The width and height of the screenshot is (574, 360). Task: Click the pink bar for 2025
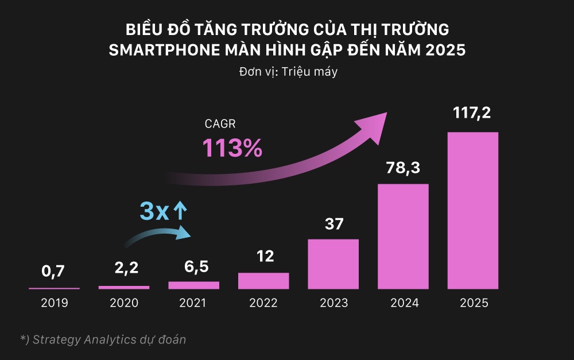[473, 210]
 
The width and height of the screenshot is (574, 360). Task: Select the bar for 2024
[403, 236]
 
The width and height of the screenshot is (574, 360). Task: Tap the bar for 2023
[333, 264]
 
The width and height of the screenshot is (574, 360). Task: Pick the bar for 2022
[263, 280]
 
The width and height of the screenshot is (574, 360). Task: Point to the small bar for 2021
[193, 285]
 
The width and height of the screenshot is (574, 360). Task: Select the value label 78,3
[403, 167]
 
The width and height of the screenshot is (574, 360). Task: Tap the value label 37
[333, 223]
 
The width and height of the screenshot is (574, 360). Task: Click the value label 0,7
[54, 271]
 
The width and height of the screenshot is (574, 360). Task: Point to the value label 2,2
[123, 268]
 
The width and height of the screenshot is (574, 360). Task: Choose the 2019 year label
[54, 303]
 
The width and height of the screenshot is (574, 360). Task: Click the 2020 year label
[123, 303]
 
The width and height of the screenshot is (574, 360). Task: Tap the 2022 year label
[263, 303]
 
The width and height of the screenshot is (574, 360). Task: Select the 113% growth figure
[232, 148]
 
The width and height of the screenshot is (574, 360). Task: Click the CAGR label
[220, 123]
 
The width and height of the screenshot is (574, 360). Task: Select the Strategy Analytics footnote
[103, 339]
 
